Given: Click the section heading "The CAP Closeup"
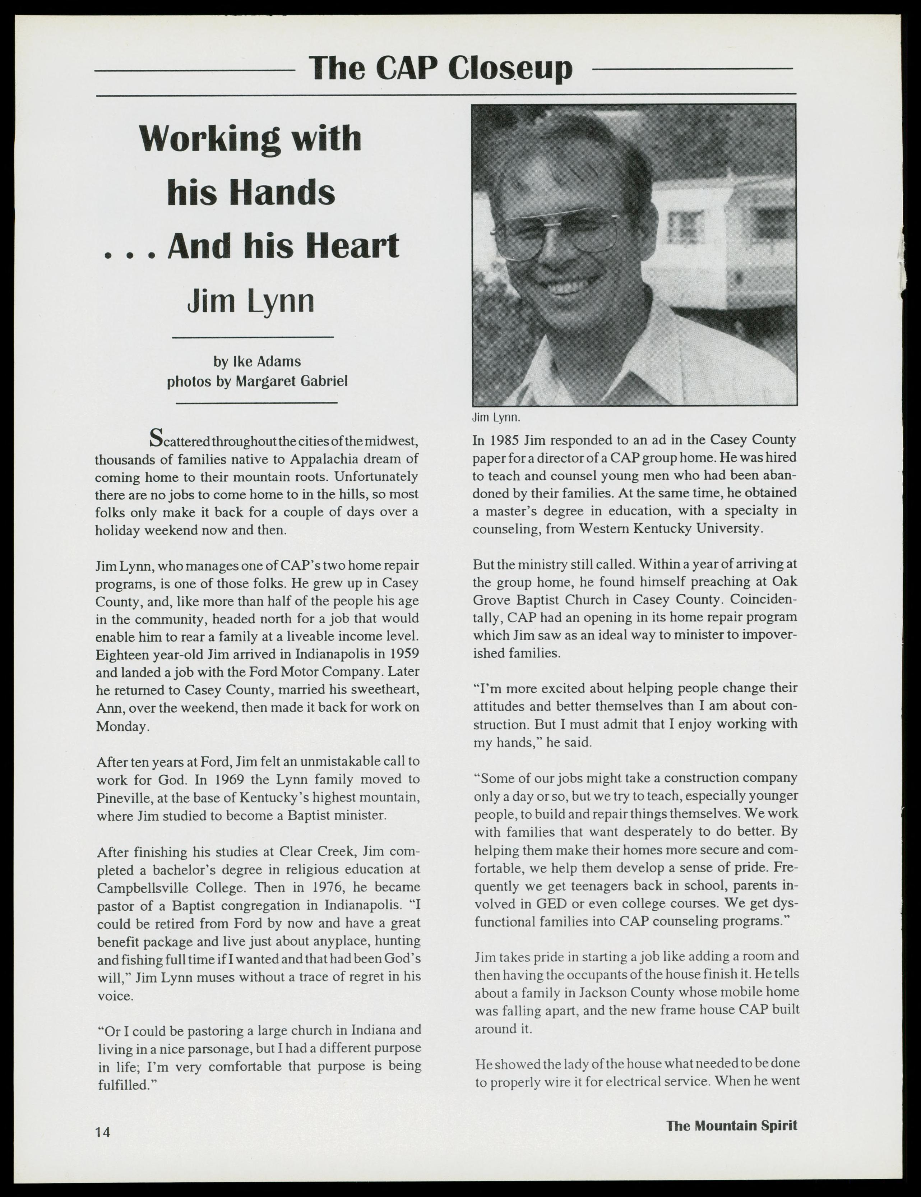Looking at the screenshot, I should click(440, 69).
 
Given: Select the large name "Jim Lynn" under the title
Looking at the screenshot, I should click(251, 301).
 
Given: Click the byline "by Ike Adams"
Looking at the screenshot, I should click(257, 362).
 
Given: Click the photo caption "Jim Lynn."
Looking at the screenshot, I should click(496, 418).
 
